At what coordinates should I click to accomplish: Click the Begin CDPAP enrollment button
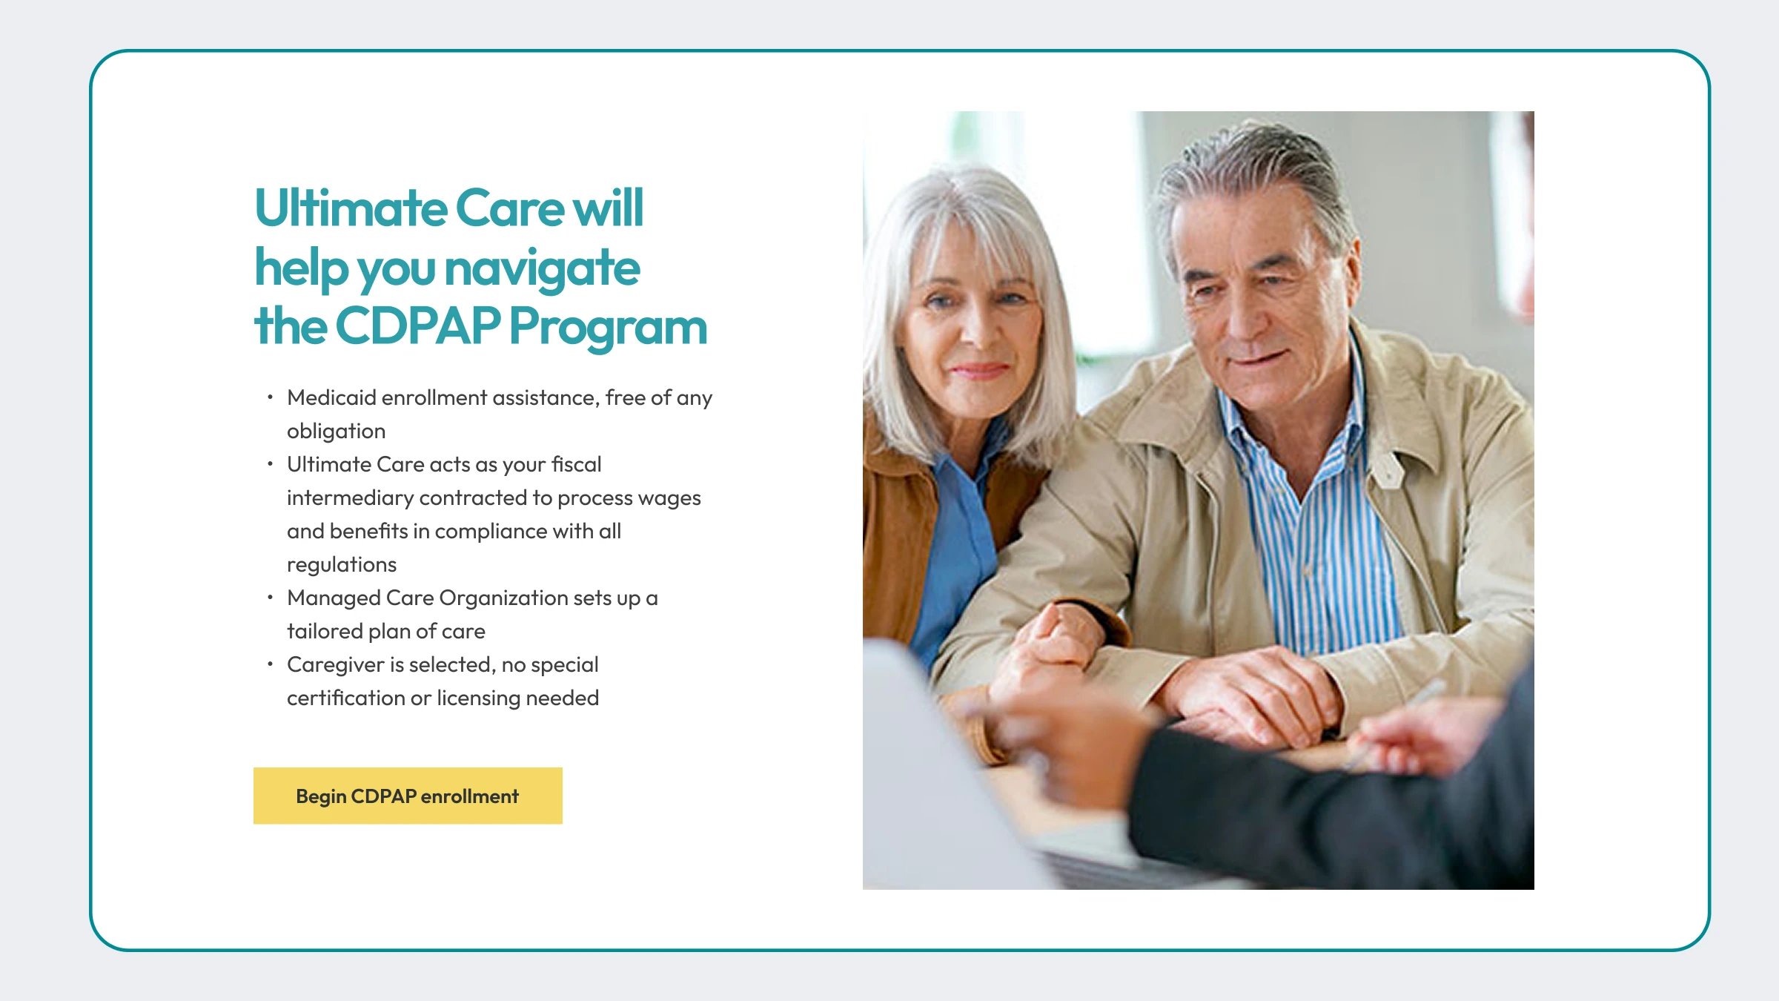click(408, 796)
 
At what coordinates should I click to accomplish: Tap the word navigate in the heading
click(543, 268)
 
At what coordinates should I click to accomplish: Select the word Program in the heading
click(609, 328)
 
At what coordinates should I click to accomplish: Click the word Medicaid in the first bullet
click(331, 397)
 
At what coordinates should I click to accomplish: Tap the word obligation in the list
click(337, 432)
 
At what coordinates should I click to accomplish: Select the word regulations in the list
click(342, 565)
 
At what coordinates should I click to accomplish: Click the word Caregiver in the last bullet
click(336, 665)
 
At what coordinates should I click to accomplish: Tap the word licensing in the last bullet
click(479, 698)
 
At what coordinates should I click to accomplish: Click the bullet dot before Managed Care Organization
click(270, 597)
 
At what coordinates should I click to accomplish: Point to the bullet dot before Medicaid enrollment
click(270, 397)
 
